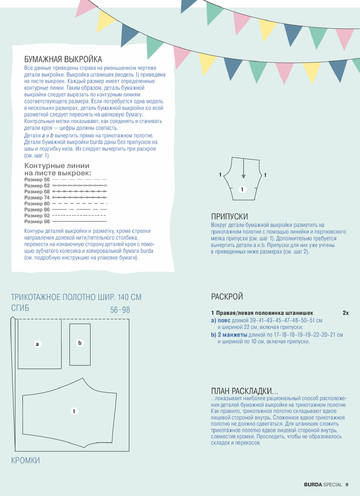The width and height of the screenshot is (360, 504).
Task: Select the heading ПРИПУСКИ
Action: coord(231,216)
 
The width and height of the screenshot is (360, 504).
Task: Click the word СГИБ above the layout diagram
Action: coord(21,309)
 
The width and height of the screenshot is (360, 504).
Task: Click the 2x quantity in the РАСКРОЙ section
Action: coord(345,312)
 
